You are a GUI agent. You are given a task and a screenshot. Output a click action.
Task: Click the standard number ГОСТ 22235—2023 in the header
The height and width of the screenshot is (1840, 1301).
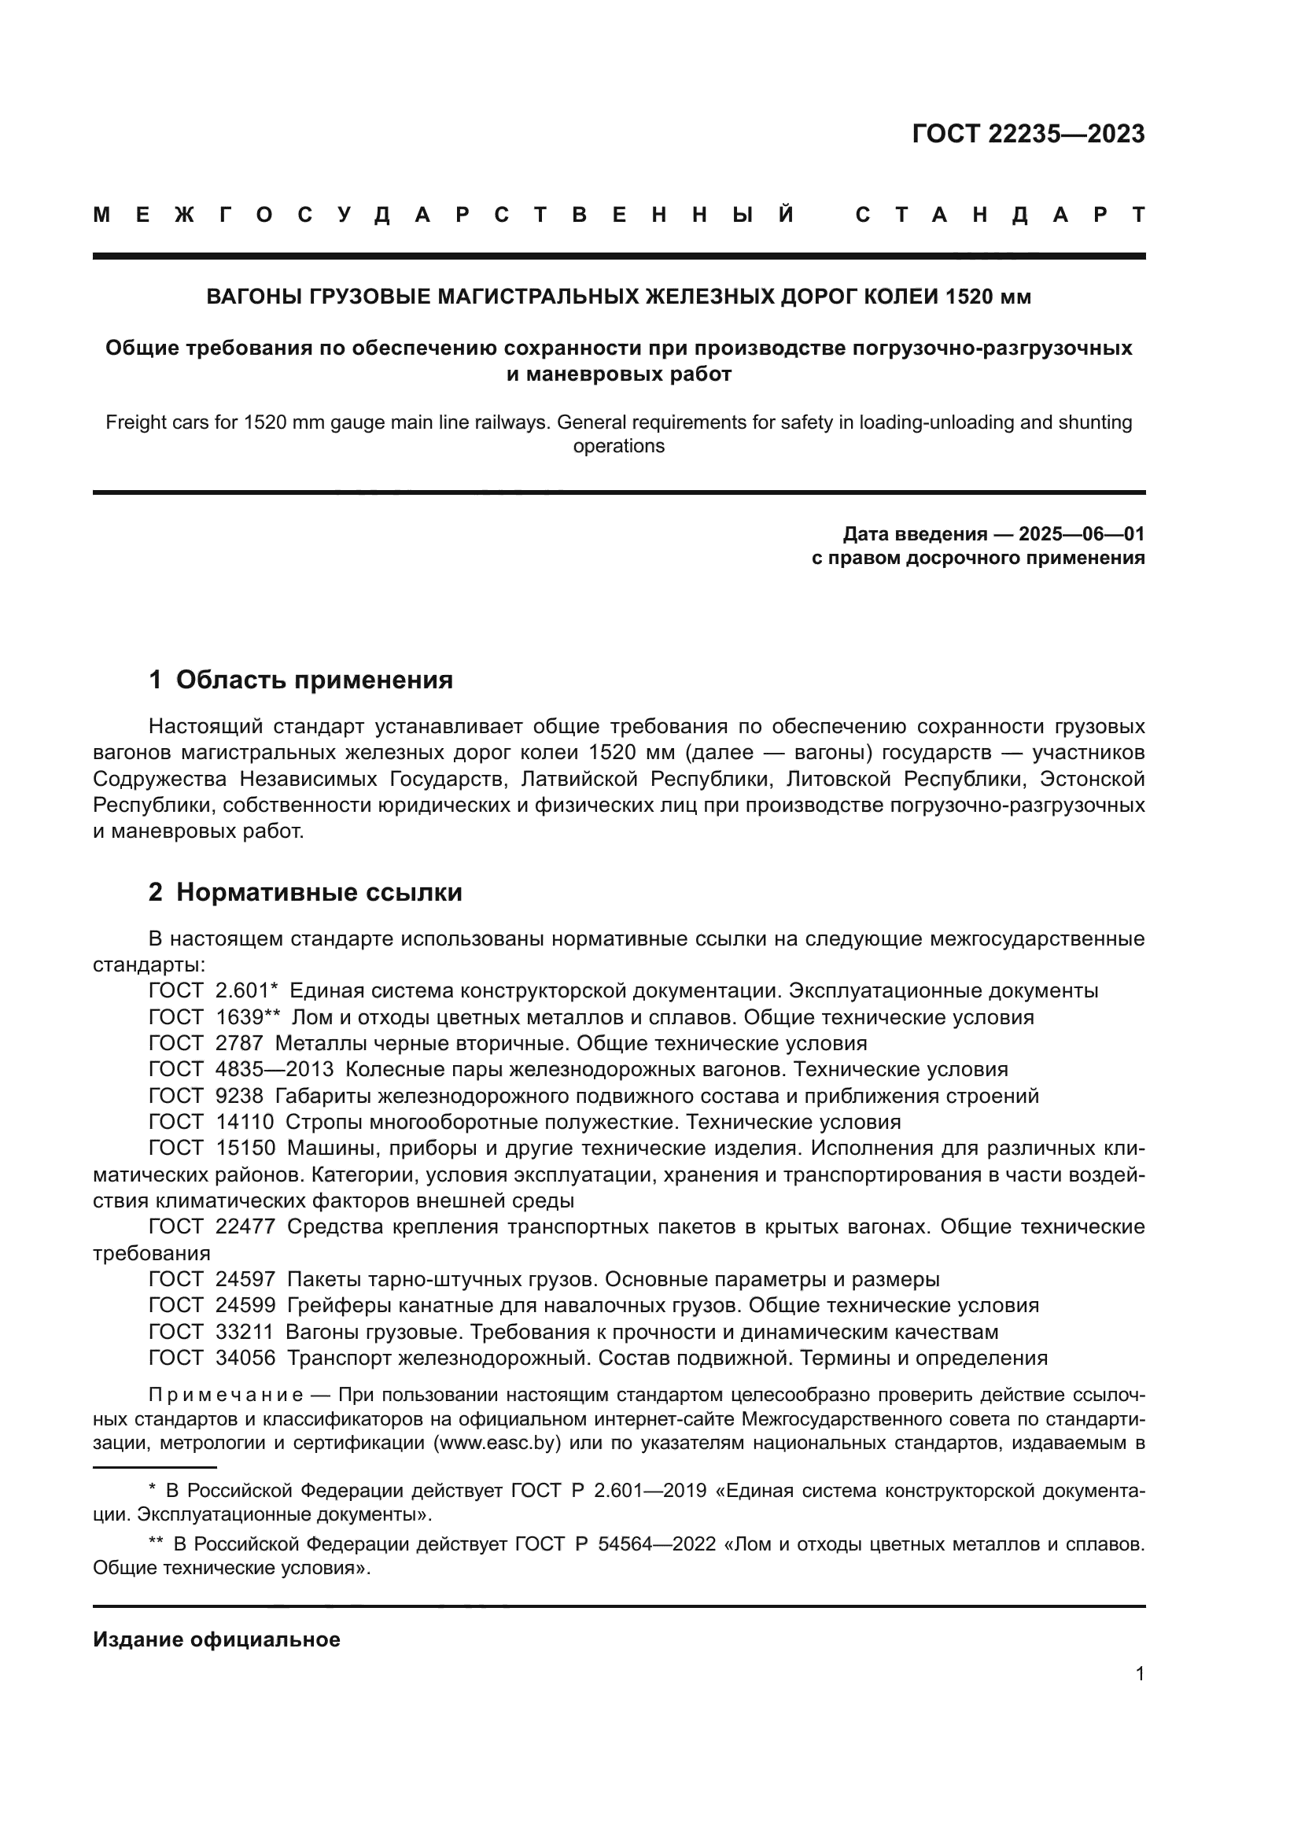[1028, 134]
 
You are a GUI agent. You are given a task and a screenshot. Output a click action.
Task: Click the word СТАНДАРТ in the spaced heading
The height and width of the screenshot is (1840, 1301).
[1000, 215]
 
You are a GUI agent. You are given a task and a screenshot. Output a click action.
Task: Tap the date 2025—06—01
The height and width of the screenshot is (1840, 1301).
[1081, 533]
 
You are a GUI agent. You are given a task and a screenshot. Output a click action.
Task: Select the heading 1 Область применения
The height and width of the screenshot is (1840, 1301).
[300, 680]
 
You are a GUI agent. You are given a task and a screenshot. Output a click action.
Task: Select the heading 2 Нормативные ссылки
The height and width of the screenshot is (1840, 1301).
[305, 892]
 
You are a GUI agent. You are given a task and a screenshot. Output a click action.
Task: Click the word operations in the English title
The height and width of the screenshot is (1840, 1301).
[618, 446]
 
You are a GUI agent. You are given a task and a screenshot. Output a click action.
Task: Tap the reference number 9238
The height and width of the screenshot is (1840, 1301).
[239, 1096]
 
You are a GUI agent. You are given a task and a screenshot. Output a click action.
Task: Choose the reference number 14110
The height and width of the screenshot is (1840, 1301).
[245, 1122]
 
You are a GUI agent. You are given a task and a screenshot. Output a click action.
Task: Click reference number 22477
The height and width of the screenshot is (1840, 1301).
[245, 1227]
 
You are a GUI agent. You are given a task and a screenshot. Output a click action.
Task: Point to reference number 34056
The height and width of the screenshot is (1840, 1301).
[245, 1358]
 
